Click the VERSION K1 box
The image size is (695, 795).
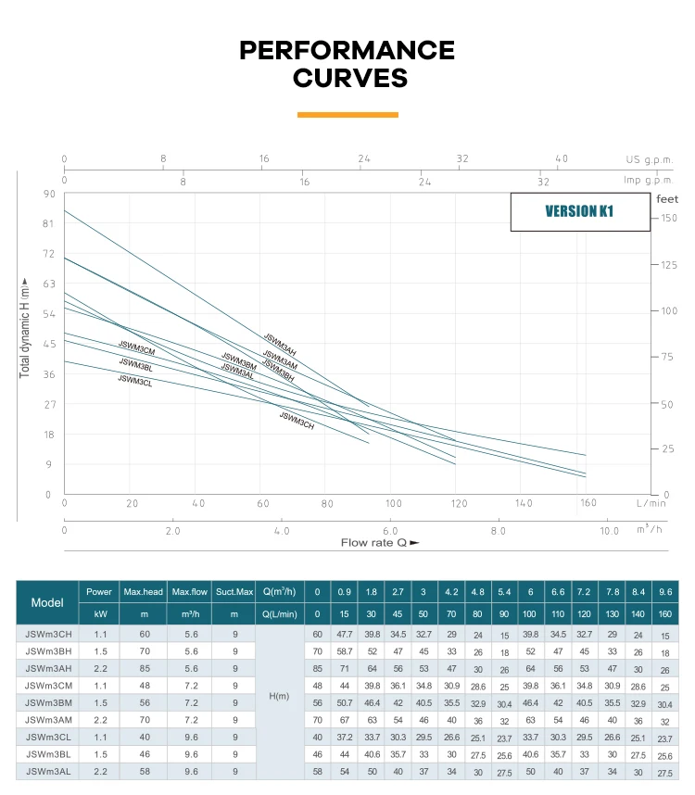pos(579,211)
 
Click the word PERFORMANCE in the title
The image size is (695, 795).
pos(347,50)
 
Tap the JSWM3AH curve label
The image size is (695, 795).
pos(280,345)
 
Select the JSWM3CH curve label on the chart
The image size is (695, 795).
pos(297,421)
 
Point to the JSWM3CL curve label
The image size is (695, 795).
pos(134,381)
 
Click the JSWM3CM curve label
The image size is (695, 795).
pos(136,348)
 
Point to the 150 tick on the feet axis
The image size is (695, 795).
pos(669,218)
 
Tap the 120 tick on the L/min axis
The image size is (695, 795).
pos(459,503)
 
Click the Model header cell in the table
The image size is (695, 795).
pos(47,602)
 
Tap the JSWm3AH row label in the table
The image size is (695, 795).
pos(47,667)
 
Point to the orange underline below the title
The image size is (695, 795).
pos(347,115)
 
